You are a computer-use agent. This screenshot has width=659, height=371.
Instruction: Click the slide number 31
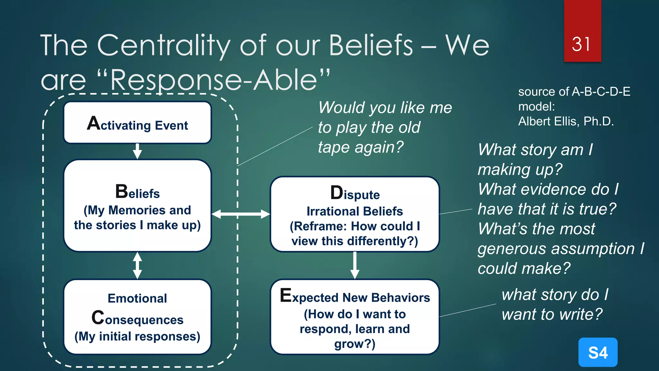[581, 44]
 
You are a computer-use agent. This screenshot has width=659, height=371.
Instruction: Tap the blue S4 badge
[598, 352]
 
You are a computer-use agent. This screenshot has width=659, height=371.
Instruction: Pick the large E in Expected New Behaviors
[286, 295]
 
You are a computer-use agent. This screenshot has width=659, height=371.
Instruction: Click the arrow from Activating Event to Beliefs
[137, 151]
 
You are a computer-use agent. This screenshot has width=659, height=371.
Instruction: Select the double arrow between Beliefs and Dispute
[241, 214]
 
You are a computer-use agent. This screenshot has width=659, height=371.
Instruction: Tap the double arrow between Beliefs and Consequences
[137, 265]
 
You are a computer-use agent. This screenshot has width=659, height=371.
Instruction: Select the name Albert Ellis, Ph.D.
[566, 121]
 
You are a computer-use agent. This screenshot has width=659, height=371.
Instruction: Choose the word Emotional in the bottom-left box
[137, 298]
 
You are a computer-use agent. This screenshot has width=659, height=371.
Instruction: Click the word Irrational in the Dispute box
[328, 211]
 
